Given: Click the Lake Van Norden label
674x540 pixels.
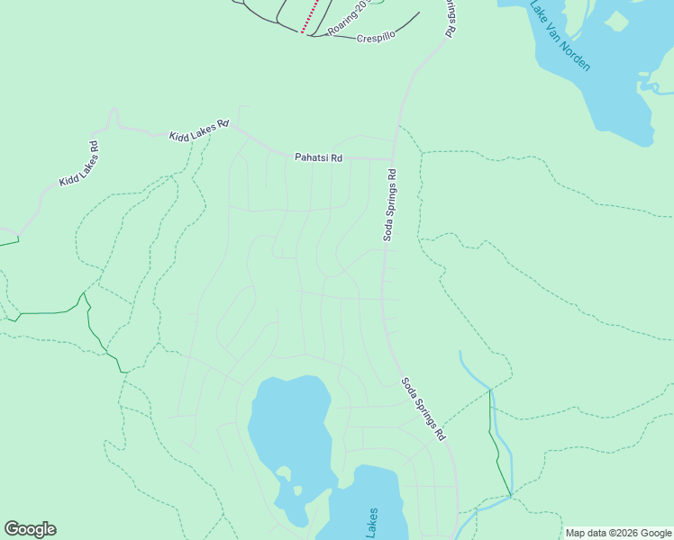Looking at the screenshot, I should [x=560, y=36].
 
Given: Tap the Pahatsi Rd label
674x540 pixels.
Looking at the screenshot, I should [x=319, y=157].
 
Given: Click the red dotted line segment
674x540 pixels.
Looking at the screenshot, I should [x=311, y=16].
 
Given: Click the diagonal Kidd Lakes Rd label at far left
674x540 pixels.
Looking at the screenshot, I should [x=79, y=164].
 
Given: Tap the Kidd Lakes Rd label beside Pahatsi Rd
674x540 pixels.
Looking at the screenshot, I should [x=199, y=130].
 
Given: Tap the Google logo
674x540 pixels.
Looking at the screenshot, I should [x=30, y=529].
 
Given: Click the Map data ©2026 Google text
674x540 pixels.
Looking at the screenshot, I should [x=618, y=533].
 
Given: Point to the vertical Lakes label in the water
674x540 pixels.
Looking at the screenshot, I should [x=372, y=524].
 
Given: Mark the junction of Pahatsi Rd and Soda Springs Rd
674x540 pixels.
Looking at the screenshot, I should [x=394, y=159].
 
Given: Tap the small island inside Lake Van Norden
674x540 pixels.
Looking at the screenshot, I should [x=617, y=20].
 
